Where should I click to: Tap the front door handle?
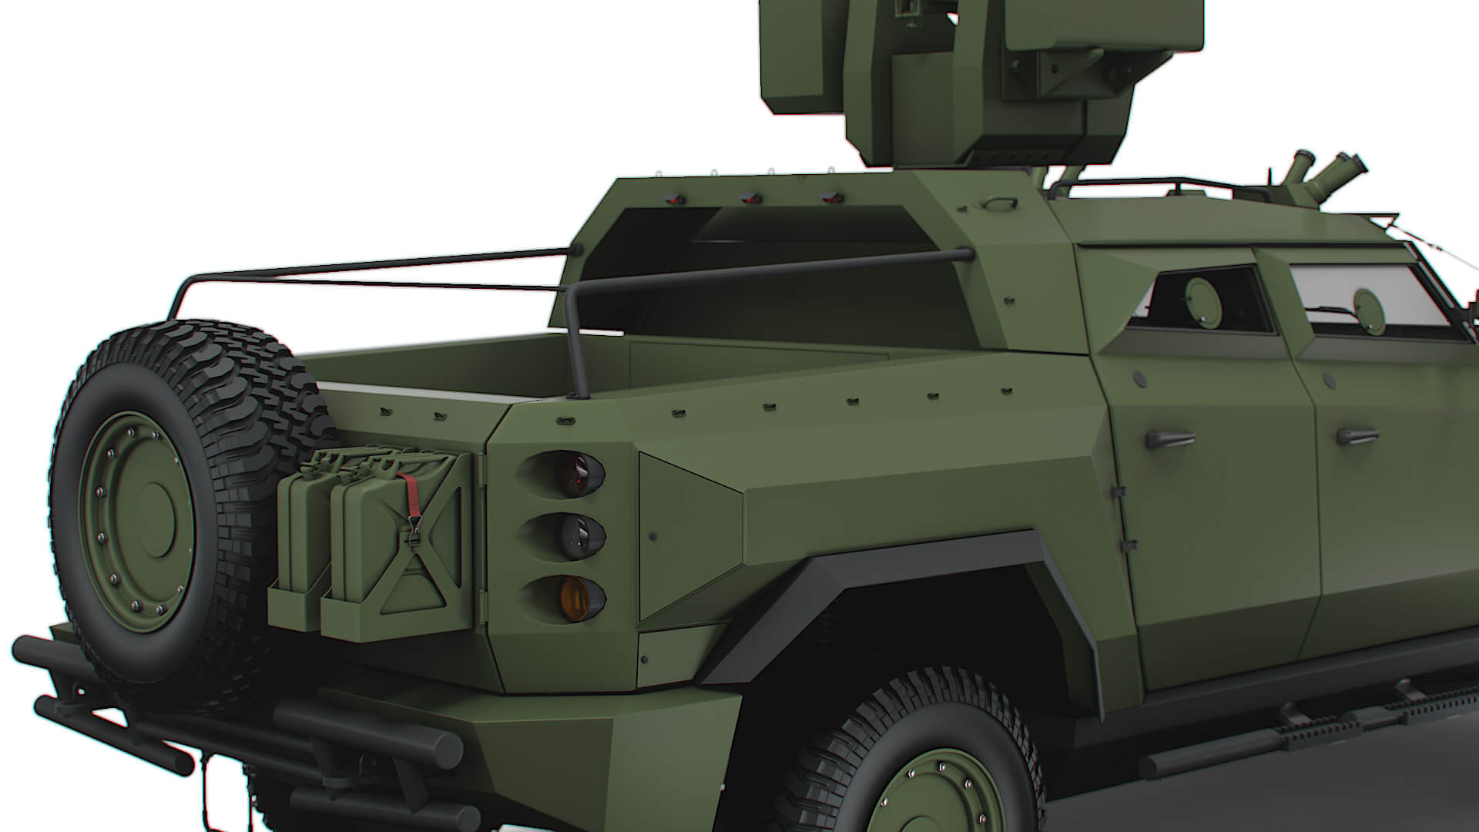[1357, 437]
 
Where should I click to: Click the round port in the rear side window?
[1203, 298]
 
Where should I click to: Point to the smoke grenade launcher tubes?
[1325, 171]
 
